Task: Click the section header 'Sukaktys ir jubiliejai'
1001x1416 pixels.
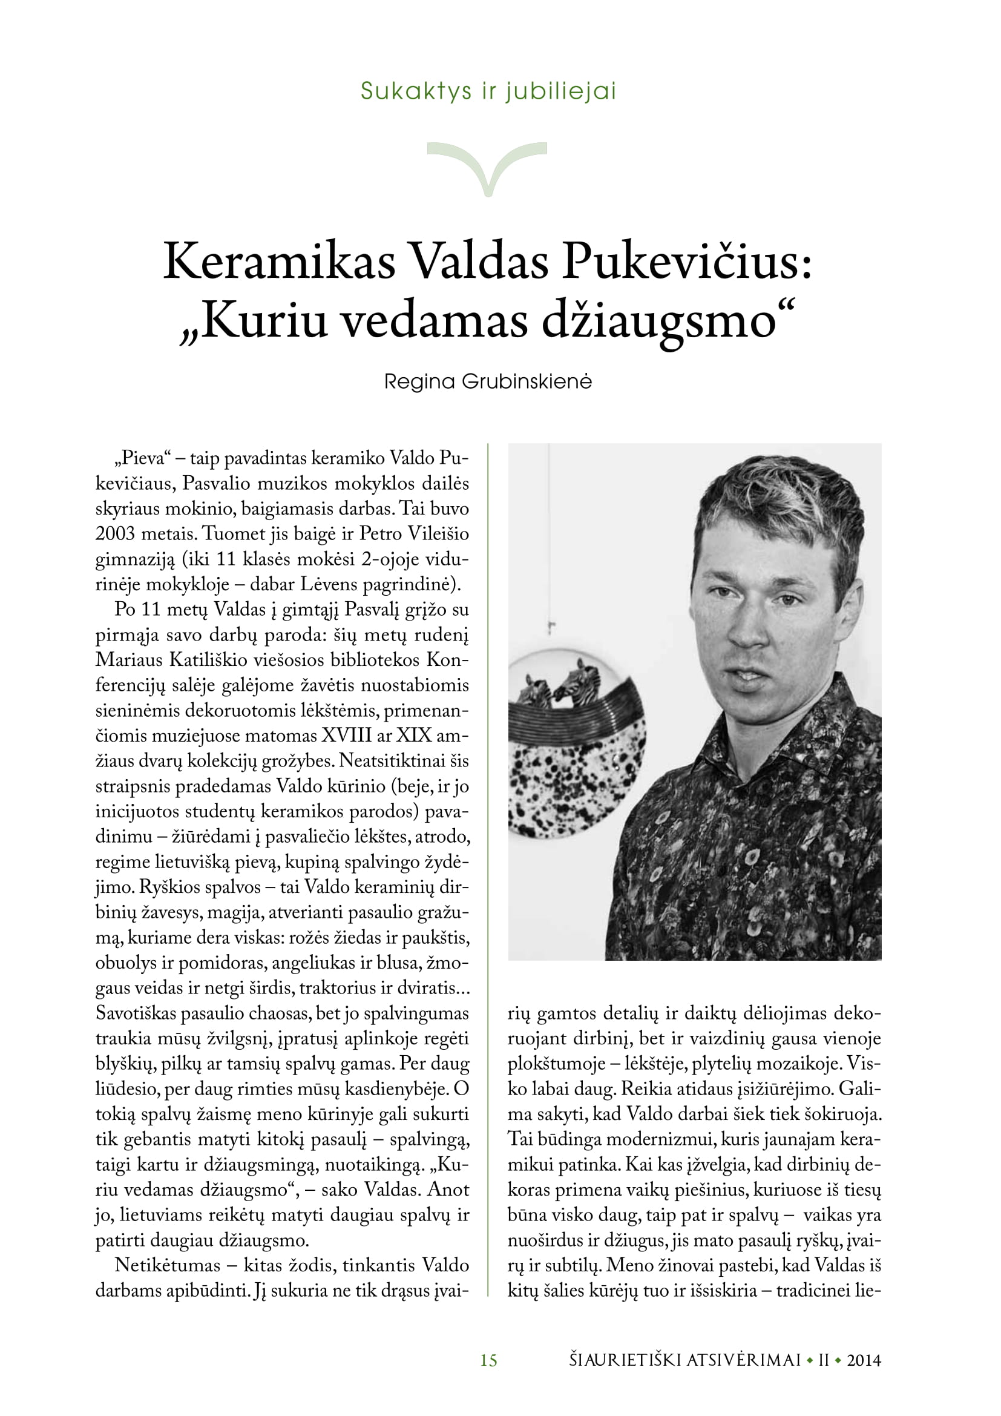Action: pos(488,91)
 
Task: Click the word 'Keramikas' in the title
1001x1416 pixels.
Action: pos(278,262)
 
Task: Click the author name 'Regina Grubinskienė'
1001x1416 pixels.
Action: pos(488,382)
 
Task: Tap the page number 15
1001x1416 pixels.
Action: pos(488,1360)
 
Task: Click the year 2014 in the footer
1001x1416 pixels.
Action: pos(864,1360)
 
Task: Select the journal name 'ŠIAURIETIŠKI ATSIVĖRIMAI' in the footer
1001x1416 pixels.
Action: pos(684,1360)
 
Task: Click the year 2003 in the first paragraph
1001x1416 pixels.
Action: pos(114,534)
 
